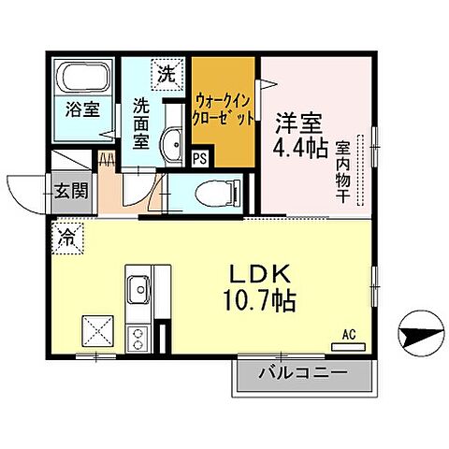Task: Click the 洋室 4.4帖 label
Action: click(299, 134)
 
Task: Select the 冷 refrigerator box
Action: click(67, 238)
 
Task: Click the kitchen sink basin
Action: click(137, 289)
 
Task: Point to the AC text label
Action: click(349, 334)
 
